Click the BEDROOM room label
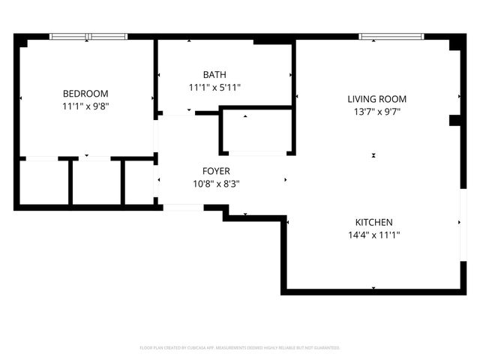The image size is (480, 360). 85,94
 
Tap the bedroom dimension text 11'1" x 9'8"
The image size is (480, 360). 85,106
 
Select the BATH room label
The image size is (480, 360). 214,74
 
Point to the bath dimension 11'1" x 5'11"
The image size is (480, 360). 214,87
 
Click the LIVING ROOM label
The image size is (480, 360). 376,99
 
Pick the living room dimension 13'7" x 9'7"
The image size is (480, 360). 376,112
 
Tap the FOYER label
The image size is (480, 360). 216,171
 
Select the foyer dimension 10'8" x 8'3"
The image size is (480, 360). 216,184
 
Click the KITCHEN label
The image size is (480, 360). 373,222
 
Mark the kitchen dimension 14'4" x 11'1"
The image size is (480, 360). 373,235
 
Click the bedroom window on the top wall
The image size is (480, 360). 88,36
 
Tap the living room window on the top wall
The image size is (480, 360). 391,36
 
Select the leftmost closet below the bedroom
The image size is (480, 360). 43,181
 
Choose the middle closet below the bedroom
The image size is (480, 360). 96,181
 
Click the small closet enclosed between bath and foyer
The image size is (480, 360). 255,133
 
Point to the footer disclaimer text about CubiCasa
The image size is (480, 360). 240,348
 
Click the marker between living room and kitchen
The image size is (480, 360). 373,155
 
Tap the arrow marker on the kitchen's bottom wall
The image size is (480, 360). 373,287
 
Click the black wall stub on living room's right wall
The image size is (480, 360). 454,120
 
